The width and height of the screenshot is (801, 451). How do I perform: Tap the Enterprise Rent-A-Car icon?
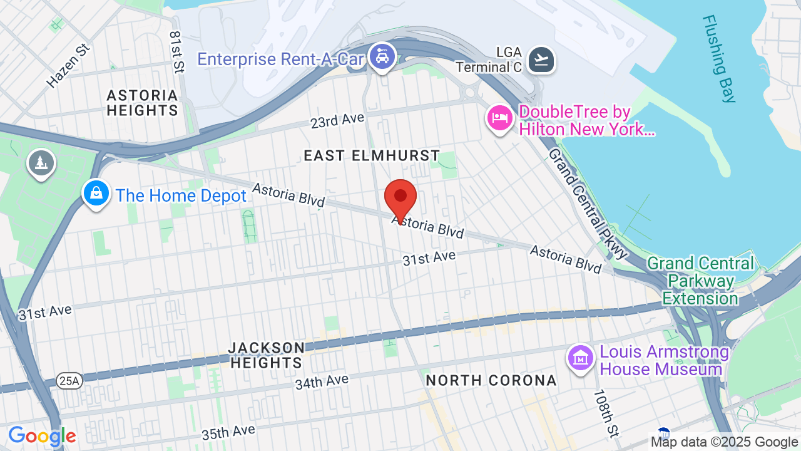coord(381,57)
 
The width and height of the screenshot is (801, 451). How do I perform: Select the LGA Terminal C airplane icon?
coord(541,60)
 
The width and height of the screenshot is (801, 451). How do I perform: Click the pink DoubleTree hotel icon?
coord(500,118)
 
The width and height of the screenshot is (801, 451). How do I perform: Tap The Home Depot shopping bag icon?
coord(96,194)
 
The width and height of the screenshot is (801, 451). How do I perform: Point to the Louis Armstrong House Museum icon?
coord(581,358)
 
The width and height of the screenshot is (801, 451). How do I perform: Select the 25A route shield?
coord(69,380)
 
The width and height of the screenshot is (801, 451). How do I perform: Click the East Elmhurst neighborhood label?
coord(372,155)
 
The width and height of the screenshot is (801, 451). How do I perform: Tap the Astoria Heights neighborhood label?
coord(142,103)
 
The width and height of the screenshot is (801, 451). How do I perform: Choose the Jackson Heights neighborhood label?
coord(267,355)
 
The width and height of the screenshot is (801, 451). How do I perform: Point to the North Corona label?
coord(491,380)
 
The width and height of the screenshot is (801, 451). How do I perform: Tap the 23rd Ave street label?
coord(337,120)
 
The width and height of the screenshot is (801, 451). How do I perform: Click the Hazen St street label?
coord(69,65)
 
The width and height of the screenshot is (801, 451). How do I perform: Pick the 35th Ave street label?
coord(228,432)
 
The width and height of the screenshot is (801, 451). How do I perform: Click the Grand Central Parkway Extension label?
coord(700,281)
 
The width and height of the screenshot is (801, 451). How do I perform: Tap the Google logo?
coord(42,437)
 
